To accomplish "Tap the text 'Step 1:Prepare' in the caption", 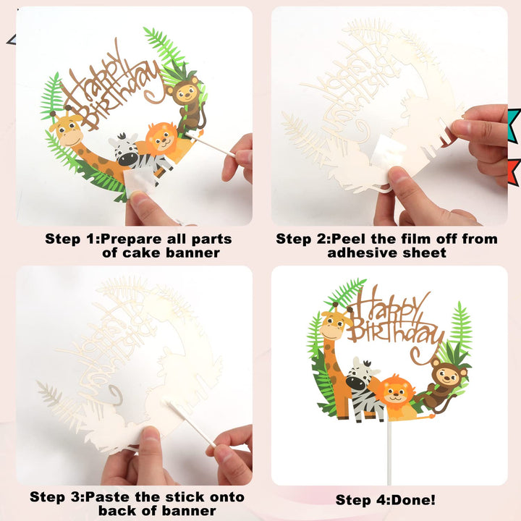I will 95,239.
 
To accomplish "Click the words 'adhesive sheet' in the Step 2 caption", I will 387,253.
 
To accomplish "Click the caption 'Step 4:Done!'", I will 386,499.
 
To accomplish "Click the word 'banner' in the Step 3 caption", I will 208,512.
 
